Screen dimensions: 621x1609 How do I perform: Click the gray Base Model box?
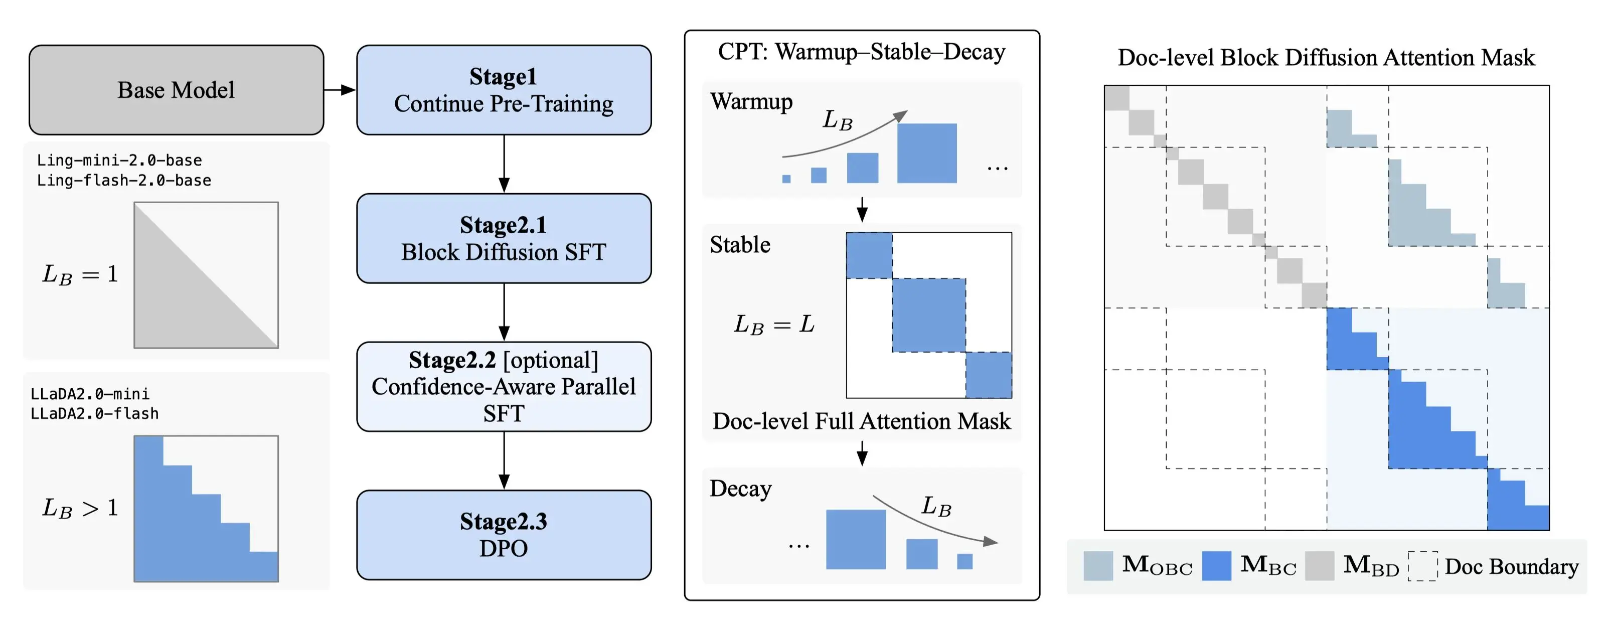click(x=176, y=90)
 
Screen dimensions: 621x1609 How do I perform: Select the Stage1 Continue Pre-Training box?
click(x=504, y=90)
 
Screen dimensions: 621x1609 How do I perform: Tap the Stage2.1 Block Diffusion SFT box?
click(x=504, y=238)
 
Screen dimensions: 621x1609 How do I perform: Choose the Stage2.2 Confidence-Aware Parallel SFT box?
click(x=504, y=386)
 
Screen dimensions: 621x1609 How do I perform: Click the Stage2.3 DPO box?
click(x=504, y=534)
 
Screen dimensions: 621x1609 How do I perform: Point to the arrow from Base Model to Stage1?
click(x=340, y=90)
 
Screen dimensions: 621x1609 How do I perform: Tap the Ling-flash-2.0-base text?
click(x=124, y=181)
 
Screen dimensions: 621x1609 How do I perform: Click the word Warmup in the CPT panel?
click(x=751, y=101)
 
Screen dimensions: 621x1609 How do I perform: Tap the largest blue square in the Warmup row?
click(x=926, y=153)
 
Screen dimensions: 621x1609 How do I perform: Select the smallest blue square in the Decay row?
click(x=964, y=561)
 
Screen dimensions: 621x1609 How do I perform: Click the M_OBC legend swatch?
click(x=1097, y=565)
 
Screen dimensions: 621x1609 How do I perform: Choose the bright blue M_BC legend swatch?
click(x=1216, y=565)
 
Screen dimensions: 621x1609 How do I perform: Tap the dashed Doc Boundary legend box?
click(x=1422, y=566)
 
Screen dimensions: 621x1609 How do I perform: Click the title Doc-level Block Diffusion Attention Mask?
click(x=1326, y=58)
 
